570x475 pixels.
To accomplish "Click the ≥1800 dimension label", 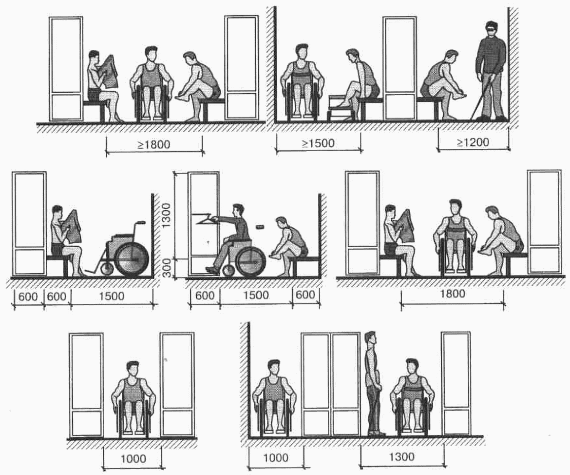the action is click(154, 144).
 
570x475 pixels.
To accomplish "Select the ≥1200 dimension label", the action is click(473, 142).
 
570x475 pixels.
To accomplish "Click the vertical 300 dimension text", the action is click(167, 268).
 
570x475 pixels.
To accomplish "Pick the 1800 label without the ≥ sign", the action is click(453, 294).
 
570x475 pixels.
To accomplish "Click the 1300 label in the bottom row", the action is click(402, 456).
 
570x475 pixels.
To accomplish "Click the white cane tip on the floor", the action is click(472, 119).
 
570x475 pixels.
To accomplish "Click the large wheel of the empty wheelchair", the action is click(132, 259).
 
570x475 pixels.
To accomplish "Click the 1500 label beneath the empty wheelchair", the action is click(112, 296).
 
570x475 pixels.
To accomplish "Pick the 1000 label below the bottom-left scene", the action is click(133, 458).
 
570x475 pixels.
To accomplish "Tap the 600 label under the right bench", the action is click(305, 295).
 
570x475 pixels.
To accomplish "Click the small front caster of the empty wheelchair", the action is click(106, 269).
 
